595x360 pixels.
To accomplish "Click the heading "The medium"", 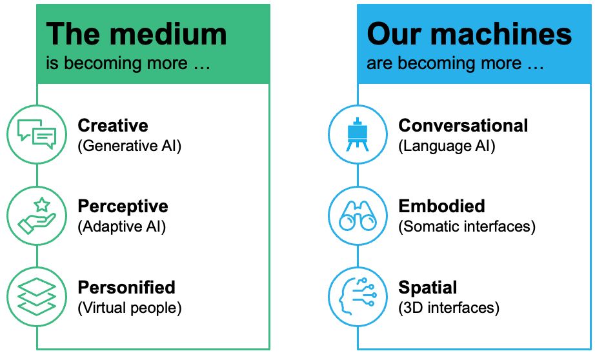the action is (137, 35).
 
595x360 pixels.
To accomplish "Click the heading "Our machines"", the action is (469, 35).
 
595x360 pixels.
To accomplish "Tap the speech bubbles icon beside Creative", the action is (37, 135).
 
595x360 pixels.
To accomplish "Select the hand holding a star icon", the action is (37, 215).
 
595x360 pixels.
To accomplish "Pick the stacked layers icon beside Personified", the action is (37, 296).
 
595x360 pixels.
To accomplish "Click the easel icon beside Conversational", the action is (358, 135).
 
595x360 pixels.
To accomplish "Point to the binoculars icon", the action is (358, 215).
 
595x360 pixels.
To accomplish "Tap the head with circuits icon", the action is (358, 296).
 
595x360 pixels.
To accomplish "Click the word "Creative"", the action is (113, 126).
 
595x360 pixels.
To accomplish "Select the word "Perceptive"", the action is (123, 206).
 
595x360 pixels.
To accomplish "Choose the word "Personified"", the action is (126, 287).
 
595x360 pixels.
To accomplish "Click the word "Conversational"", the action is (463, 126).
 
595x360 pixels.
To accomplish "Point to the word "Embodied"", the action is (441, 206).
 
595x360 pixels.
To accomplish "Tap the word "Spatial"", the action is (428, 288).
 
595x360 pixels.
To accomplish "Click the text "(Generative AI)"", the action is (130, 146).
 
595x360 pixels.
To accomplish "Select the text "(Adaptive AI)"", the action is (122, 227).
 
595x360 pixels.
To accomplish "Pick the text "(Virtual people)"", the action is (130, 308).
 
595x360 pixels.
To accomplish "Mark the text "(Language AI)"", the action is (447, 146).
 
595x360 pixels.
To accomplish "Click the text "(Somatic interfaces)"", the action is (467, 227).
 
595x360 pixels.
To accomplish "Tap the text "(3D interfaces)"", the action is (449, 308).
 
